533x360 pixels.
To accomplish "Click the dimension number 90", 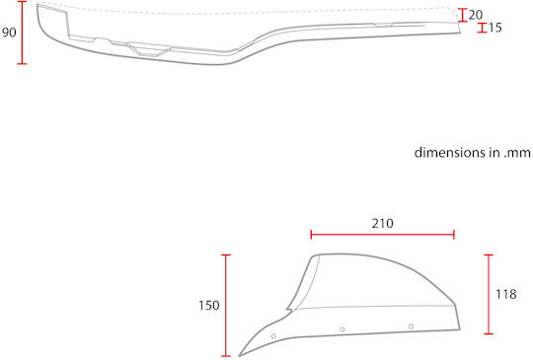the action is point(9,33).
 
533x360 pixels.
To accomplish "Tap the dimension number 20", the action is point(476,15).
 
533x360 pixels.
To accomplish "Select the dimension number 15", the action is point(495,28).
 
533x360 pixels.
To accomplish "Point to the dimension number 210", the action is point(383,224).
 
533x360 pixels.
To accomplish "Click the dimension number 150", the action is point(209,306).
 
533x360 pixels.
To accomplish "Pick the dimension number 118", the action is point(506,294).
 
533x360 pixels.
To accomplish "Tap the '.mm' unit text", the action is point(517,153).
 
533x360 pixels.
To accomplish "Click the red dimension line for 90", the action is point(22,33).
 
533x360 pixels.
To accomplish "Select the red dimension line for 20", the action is point(462,15).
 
